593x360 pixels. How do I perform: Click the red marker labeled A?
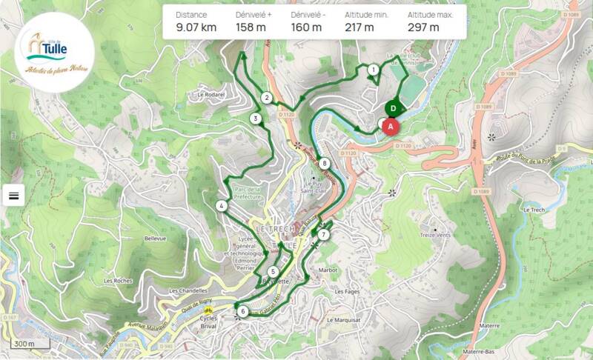click(391, 125)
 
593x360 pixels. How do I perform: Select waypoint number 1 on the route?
click(373, 70)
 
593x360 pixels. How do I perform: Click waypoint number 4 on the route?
click(222, 206)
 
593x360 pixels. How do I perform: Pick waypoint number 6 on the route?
click(242, 311)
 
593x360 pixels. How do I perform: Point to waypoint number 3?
click(255, 119)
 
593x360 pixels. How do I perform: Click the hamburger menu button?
click(14, 195)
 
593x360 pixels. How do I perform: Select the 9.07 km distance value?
click(196, 28)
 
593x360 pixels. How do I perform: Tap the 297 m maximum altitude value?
click(423, 28)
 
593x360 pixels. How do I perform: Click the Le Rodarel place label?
click(211, 95)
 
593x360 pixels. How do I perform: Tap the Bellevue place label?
click(156, 239)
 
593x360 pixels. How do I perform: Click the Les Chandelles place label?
click(187, 291)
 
